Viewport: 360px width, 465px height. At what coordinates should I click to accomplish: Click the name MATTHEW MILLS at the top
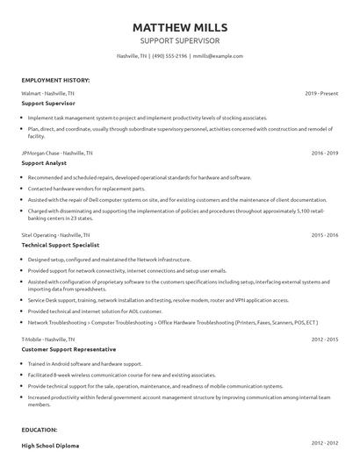tap(179, 25)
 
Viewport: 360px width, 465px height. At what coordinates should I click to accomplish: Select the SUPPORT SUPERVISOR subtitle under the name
tap(179, 40)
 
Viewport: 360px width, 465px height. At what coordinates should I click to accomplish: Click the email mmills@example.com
tap(219, 56)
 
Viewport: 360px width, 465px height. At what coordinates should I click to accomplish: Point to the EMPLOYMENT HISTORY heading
tap(55, 80)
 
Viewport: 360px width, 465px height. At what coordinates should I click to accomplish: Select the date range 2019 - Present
tap(321, 93)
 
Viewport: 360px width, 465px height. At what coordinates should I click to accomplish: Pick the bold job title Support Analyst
tap(44, 163)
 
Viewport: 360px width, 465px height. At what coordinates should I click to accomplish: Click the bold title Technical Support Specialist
tap(64, 246)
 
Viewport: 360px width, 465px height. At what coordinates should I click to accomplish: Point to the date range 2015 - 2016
tap(325, 236)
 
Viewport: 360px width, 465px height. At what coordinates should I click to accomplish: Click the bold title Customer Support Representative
tap(71, 348)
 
